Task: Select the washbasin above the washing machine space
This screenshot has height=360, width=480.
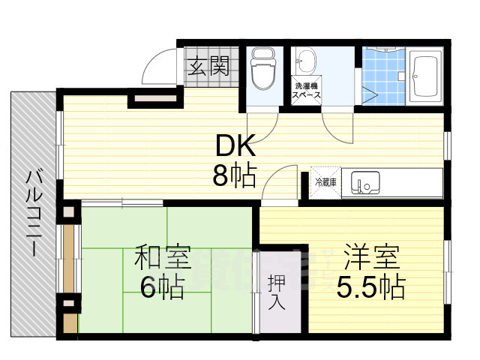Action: tap(307, 61)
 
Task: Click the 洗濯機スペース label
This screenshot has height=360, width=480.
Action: tap(307, 91)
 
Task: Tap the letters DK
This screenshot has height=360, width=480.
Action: tap(235, 144)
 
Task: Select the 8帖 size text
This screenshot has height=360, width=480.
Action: tap(234, 175)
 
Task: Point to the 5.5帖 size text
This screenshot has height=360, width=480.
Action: tap(370, 287)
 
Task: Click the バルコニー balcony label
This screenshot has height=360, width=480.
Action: tap(34, 213)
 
